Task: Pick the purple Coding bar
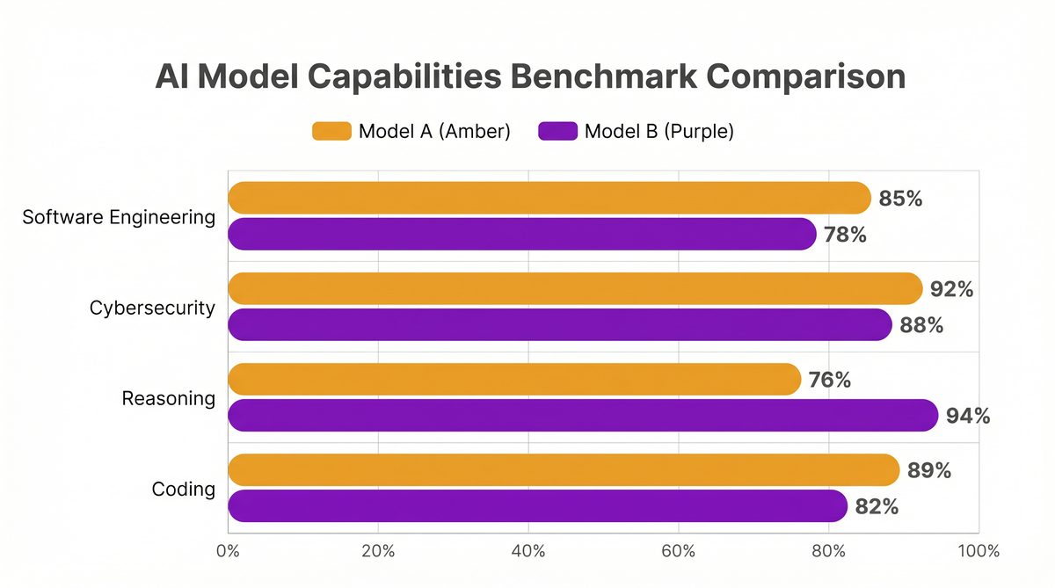(x=537, y=507)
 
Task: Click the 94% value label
(x=968, y=416)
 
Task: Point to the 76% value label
(x=830, y=381)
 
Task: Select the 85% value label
(x=900, y=199)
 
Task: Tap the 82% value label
(x=876, y=507)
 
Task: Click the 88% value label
(x=921, y=325)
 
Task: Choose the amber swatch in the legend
(x=331, y=132)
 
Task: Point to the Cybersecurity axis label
(x=152, y=308)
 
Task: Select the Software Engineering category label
(x=119, y=217)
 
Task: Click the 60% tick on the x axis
(x=678, y=552)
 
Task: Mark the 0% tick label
(x=228, y=552)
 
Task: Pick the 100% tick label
(x=978, y=552)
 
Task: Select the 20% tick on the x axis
(x=378, y=552)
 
